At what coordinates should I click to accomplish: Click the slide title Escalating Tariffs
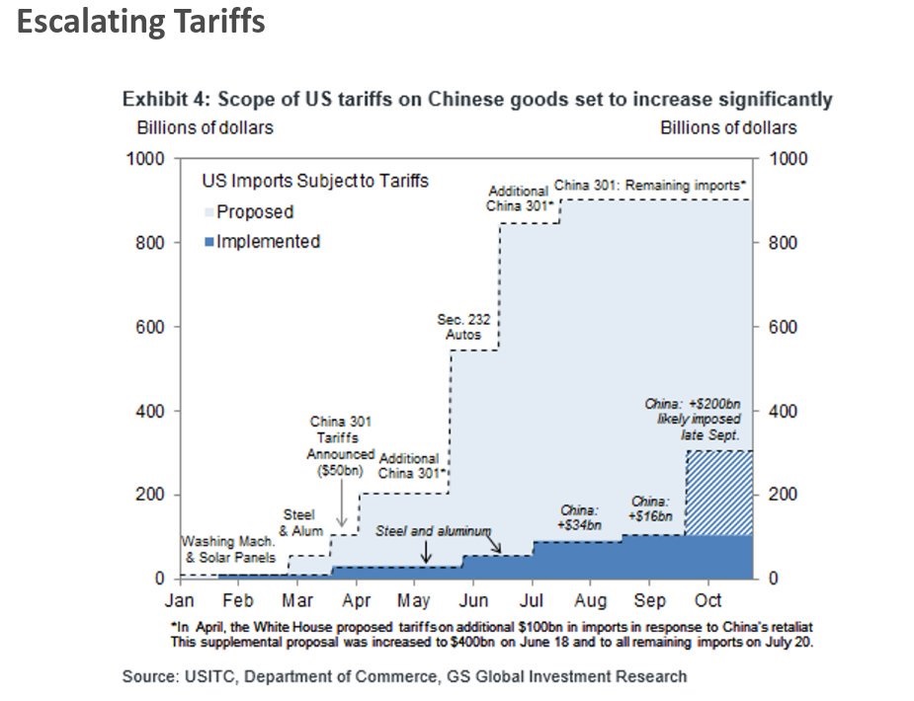tap(141, 22)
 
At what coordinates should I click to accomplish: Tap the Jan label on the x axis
tap(179, 600)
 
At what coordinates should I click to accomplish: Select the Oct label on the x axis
tap(708, 600)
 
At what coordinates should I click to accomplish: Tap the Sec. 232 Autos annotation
tap(462, 327)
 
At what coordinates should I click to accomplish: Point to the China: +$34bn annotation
tap(580, 517)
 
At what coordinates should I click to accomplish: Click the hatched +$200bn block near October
tap(718, 493)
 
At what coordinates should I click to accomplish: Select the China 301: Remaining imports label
tap(649, 185)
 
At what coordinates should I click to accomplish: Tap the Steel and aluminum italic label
tap(433, 531)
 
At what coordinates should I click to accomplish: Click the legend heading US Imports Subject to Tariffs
tap(315, 181)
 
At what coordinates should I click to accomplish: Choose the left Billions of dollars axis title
tap(205, 127)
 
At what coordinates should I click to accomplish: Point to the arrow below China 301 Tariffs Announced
tap(341, 513)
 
